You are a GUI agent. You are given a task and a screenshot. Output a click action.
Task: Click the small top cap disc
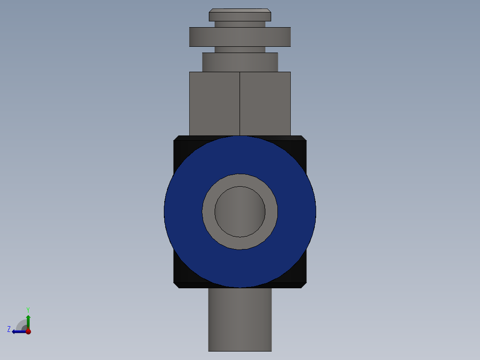(x=240, y=16)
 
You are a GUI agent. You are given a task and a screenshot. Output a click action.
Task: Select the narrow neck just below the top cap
(x=240, y=24)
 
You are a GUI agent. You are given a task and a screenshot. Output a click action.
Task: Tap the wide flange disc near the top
(x=240, y=37)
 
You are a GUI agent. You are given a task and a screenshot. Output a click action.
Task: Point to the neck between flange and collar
(x=240, y=49)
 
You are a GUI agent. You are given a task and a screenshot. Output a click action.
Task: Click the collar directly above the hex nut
(x=240, y=62)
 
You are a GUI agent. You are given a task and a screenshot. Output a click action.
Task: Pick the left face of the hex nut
(x=215, y=103)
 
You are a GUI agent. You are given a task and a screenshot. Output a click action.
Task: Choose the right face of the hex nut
(x=265, y=103)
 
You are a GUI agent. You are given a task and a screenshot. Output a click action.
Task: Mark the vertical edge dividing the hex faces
(x=240, y=103)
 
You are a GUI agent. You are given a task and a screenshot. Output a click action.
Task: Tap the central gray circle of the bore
(x=240, y=212)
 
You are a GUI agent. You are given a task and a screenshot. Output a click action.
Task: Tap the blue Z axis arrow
(x=18, y=331)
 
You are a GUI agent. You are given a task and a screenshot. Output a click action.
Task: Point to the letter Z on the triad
(x=9, y=329)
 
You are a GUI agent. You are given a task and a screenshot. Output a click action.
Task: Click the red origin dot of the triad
(x=28, y=331)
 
